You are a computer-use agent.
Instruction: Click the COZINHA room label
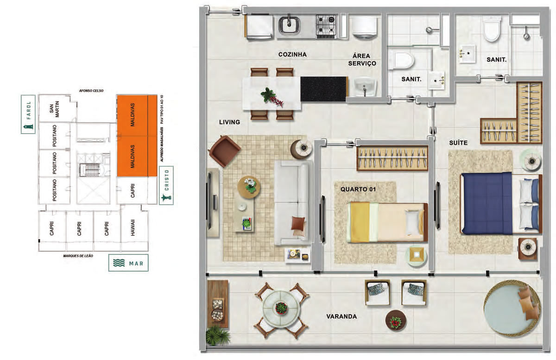(x=292, y=54)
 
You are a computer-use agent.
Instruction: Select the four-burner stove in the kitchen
(x=326, y=26)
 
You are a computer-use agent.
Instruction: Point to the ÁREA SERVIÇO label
(x=362, y=60)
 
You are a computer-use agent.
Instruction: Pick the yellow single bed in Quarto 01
(x=387, y=222)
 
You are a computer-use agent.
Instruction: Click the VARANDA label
(x=341, y=316)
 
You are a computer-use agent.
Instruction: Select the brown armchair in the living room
(x=225, y=151)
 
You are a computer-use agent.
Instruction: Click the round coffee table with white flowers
(x=249, y=188)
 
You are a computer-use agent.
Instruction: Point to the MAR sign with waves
(x=128, y=263)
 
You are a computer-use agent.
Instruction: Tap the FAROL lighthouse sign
(x=28, y=114)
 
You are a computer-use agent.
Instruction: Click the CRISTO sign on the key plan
(x=166, y=185)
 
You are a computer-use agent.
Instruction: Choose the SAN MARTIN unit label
(x=54, y=109)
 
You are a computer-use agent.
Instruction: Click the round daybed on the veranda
(x=512, y=308)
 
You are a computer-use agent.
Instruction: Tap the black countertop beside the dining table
(x=323, y=89)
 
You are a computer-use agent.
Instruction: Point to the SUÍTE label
(x=458, y=143)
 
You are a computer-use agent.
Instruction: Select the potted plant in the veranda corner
(x=217, y=335)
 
